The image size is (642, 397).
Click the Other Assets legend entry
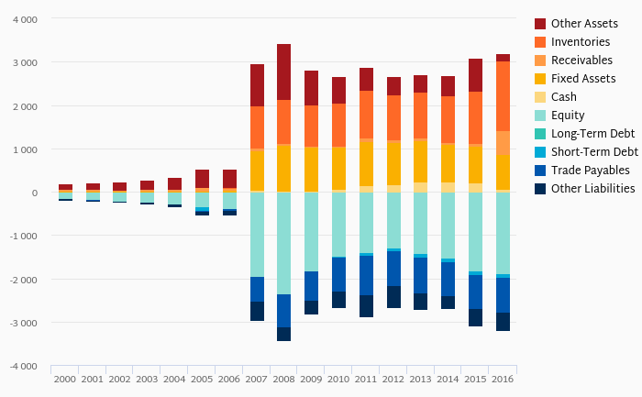(x=582, y=23)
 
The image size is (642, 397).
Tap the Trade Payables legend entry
(x=590, y=170)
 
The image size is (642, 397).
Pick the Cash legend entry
(x=564, y=96)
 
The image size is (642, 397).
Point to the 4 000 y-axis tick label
(x=25, y=19)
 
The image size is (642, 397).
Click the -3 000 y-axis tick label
(x=23, y=323)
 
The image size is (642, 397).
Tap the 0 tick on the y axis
(x=35, y=193)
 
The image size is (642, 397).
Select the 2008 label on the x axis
(x=283, y=378)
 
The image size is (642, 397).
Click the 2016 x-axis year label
(x=503, y=378)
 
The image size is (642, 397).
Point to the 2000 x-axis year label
(x=65, y=378)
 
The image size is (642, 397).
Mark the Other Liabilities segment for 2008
(x=283, y=334)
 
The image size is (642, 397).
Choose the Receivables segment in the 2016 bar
(x=503, y=143)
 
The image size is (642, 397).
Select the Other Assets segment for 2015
(x=475, y=75)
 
